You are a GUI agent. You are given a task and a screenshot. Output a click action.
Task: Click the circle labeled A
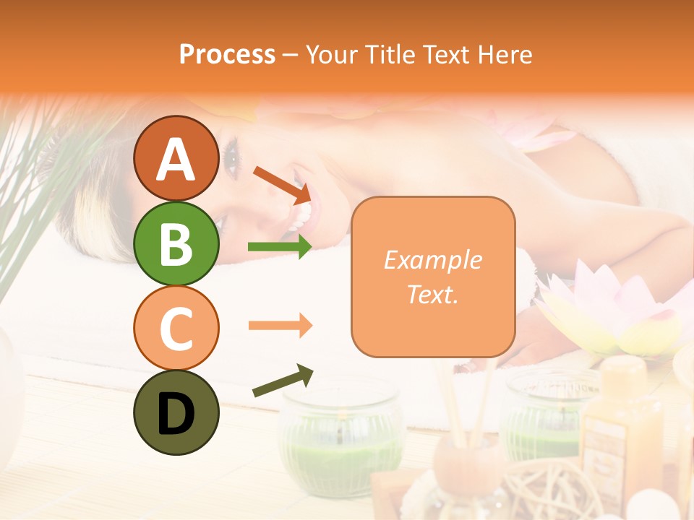tap(176, 159)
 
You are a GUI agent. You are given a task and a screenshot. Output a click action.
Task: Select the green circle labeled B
tap(176, 243)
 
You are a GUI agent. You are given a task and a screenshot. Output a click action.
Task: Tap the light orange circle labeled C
tap(176, 328)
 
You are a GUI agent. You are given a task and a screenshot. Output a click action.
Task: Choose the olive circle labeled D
tap(176, 412)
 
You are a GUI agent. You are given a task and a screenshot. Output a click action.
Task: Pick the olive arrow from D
tap(283, 381)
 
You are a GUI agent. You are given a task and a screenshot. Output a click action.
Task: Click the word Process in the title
tap(227, 55)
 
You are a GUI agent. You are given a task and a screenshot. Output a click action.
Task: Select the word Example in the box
tap(433, 261)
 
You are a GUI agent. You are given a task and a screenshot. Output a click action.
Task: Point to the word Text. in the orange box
tap(433, 294)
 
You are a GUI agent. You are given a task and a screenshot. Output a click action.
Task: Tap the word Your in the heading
tap(333, 55)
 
